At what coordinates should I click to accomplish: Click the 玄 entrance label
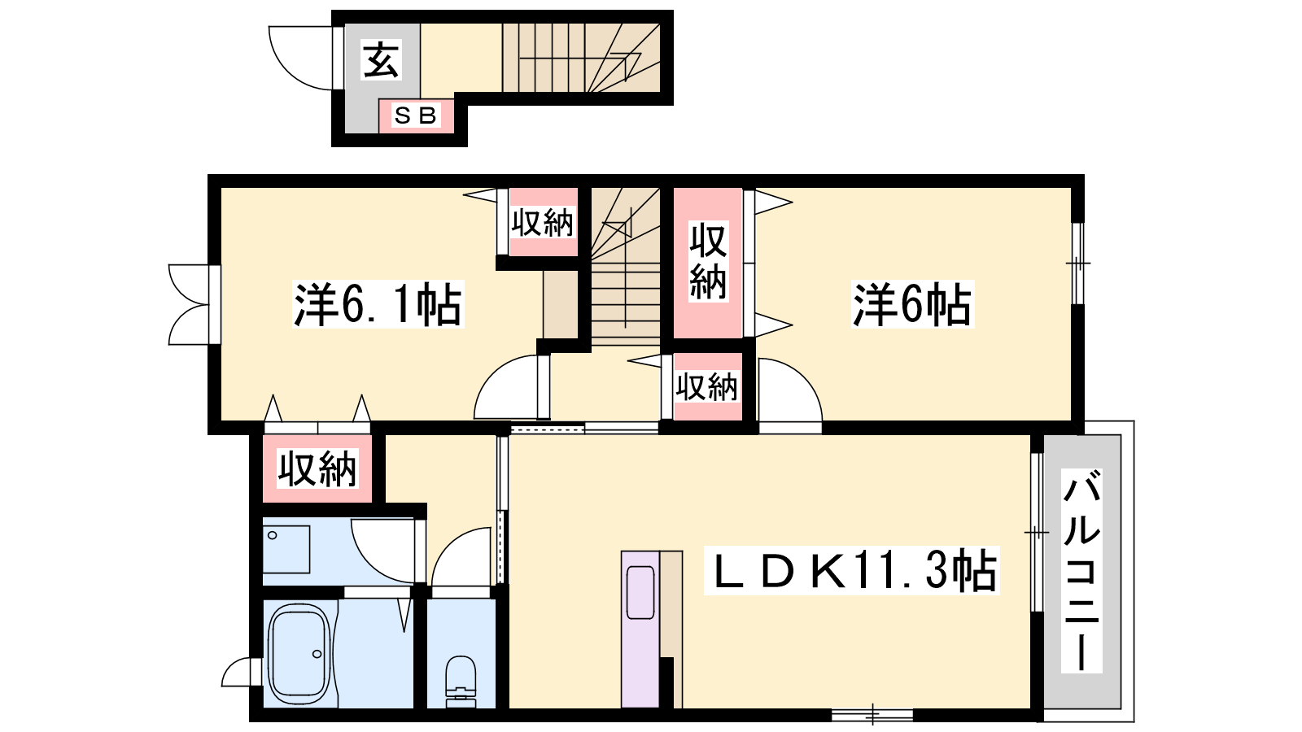click(x=382, y=60)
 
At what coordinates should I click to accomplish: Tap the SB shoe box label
click(x=416, y=115)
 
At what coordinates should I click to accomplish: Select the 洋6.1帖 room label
click(x=378, y=304)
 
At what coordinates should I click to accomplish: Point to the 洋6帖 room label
click(x=911, y=304)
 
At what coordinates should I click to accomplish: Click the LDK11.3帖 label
click(x=851, y=571)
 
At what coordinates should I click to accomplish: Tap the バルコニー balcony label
click(x=1081, y=571)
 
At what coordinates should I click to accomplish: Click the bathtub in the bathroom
click(x=300, y=654)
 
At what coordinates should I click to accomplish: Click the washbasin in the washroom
click(x=286, y=550)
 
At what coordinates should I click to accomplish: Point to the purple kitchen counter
click(x=640, y=630)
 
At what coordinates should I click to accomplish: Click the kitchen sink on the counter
click(x=640, y=593)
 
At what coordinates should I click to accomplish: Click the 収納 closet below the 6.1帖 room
click(x=317, y=468)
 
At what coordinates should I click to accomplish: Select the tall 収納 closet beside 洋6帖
click(x=708, y=263)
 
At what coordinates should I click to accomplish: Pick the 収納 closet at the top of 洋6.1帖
click(x=543, y=222)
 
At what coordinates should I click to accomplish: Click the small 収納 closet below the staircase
click(x=707, y=386)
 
